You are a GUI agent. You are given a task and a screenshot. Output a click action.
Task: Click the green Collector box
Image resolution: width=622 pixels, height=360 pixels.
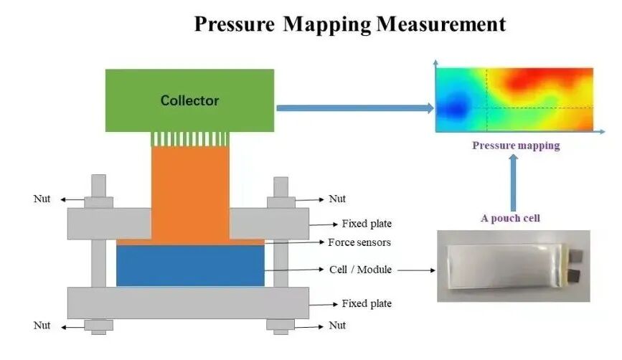(189, 100)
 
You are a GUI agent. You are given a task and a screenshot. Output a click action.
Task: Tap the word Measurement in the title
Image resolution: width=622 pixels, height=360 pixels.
(441, 24)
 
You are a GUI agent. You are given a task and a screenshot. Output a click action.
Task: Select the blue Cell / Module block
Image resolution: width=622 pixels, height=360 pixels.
(190, 265)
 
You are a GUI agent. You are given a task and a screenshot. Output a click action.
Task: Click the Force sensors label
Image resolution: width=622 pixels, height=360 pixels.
(359, 242)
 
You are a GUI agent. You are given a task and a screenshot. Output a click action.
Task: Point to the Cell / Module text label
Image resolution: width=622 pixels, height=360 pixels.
(360, 270)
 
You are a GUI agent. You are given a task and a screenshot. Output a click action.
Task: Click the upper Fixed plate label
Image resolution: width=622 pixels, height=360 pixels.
(367, 224)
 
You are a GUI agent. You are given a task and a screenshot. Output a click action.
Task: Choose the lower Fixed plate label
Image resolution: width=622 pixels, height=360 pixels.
(367, 303)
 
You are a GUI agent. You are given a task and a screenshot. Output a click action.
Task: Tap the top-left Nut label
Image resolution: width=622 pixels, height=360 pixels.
(42, 198)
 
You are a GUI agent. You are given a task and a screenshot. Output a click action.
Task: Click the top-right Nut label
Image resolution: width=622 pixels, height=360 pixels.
(337, 198)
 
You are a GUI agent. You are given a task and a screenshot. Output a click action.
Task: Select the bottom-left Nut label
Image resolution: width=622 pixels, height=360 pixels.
(42, 325)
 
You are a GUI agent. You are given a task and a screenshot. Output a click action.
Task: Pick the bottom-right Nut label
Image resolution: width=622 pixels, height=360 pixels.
(337, 325)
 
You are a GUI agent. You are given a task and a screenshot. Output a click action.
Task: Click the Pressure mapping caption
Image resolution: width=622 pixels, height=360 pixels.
(516, 146)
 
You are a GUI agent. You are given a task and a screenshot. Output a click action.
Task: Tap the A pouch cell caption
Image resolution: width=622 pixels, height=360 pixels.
(511, 218)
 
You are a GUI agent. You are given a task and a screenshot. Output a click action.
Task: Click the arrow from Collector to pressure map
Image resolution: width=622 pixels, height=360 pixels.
(355, 108)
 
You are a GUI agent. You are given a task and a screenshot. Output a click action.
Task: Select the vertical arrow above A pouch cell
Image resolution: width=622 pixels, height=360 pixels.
(513, 183)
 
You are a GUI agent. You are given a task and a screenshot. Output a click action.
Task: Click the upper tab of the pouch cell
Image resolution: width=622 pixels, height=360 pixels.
(576, 255)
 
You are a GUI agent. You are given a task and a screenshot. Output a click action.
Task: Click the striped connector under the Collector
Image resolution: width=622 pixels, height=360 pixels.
(190, 139)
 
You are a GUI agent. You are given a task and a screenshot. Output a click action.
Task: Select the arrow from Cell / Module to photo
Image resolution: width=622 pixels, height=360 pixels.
(416, 270)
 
